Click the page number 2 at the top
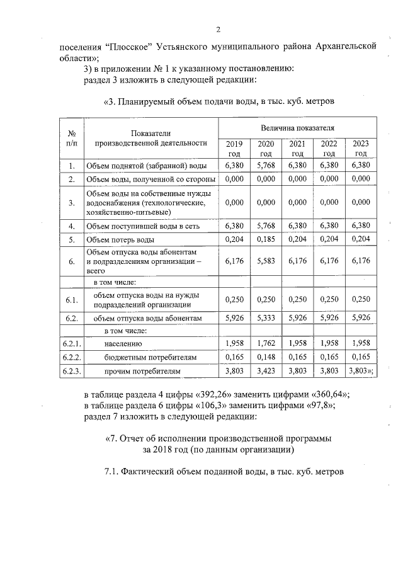(218, 30)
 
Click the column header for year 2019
(234, 148)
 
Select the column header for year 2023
(360, 148)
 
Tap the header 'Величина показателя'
(297, 128)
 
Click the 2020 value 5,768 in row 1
(266, 166)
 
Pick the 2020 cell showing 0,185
(266, 239)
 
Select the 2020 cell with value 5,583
(266, 260)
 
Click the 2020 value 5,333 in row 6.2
(266, 318)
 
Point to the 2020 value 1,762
(266, 343)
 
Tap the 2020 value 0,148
(266, 357)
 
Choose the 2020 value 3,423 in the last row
(266, 371)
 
